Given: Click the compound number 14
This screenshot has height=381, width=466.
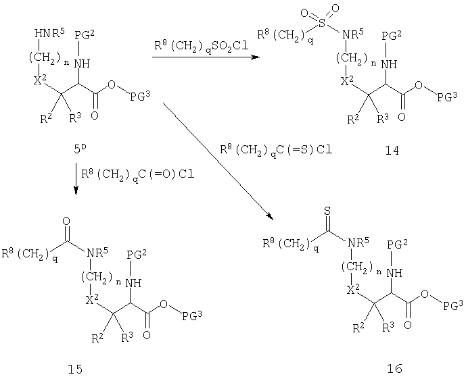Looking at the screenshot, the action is click(x=392, y=151).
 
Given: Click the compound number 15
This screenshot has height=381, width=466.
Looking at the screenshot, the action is click(x=75, y=369).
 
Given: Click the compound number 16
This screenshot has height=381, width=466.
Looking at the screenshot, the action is click(x=394, y=368).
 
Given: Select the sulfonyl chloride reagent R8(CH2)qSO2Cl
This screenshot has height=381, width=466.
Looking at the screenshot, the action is click(x=201, y=47).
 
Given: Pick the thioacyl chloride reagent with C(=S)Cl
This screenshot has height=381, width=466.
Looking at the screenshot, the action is click(x=276, y=150).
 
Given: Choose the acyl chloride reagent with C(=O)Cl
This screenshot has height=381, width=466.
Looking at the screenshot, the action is click(x=138, y=174).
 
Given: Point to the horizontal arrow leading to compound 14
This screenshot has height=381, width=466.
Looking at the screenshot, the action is click(x=206, y=57).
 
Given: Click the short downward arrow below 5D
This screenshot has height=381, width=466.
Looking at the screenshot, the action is click(x=76, y=178).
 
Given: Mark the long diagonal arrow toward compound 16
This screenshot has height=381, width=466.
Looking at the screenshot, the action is click(x=218, y=161).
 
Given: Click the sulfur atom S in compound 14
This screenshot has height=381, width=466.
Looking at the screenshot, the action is click(x=322, y=24).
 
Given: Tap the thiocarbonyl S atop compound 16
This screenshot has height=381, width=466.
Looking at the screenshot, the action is click(x=327, y=211).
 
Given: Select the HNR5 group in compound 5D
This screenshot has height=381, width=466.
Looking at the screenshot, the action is click(x=49, y=33).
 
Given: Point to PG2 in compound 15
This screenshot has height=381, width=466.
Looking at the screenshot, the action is click(x=137, y=254).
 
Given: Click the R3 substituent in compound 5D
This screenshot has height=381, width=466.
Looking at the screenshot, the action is click(x=75, y=118).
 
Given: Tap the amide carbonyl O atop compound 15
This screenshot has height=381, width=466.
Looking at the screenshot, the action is click(x=66, y=221).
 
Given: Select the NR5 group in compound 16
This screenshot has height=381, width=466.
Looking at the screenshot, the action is click(x=358, y=243).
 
